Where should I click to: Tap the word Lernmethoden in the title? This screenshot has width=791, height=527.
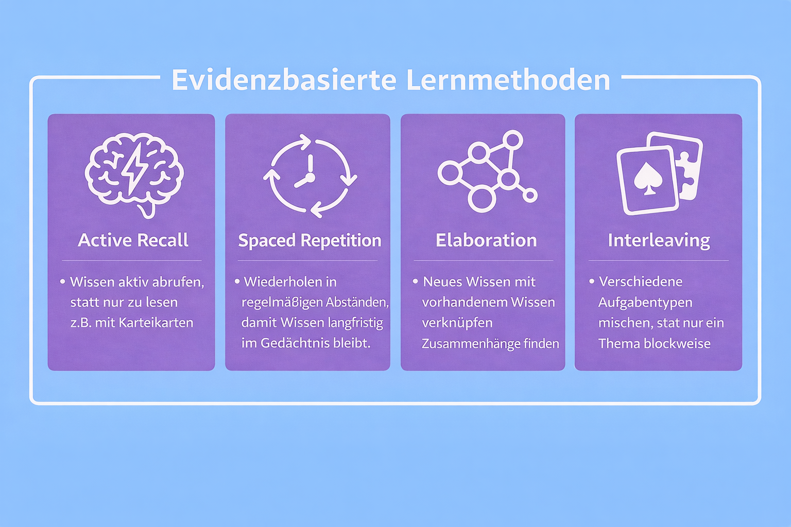pos(508,80)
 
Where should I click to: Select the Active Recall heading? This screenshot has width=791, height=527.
pos(133,240)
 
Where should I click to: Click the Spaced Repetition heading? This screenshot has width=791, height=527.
pos(309,240)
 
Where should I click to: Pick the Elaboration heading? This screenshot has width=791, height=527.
pos(486,240)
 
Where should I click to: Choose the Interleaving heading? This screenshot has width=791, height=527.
pos(659,240)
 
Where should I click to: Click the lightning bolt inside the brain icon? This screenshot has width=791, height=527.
pos(134,167)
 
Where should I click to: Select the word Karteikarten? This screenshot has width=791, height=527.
pos(156,323)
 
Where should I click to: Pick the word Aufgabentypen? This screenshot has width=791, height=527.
pos(645,303)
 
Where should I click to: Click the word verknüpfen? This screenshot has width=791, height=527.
pos(457,323)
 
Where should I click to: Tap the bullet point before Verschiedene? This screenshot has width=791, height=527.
pos(592,281)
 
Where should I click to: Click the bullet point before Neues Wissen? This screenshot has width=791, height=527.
pos(415,281)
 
